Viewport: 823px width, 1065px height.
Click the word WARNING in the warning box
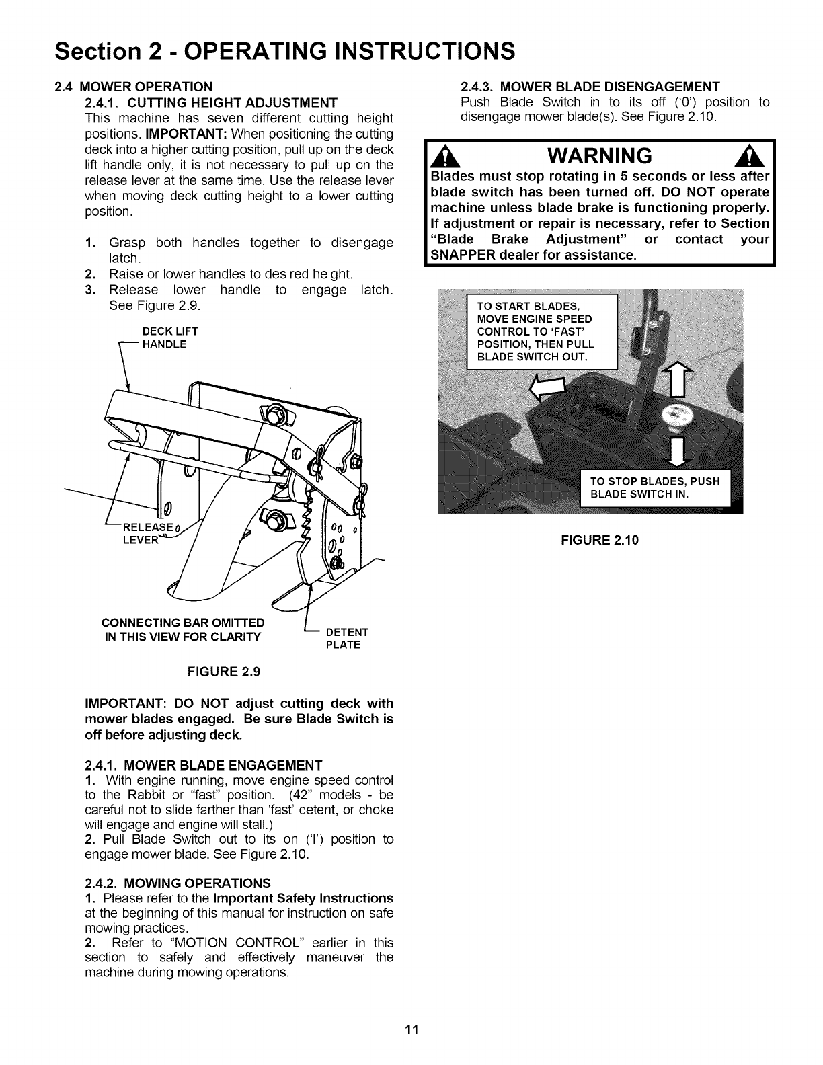pyautogui.click(x=600, y=156)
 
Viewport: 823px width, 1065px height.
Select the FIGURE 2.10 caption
pyautogui.click(x=599, y=539)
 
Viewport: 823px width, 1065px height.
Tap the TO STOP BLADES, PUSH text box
pyautogui.click(x=656, y=487)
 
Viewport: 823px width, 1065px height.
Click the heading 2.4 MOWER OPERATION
pyautogui.click(x=134, y=87)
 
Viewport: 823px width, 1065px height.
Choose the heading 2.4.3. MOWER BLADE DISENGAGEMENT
pyautogui.click(x=590, y=87)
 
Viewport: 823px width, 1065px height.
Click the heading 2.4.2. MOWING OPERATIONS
pyautogui.click(x=178, y=883)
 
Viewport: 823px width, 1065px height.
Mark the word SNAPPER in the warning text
pyautogui.click(x=461, y=256)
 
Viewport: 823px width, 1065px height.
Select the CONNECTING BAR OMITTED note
pyautogui.click(x=182, y=629)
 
